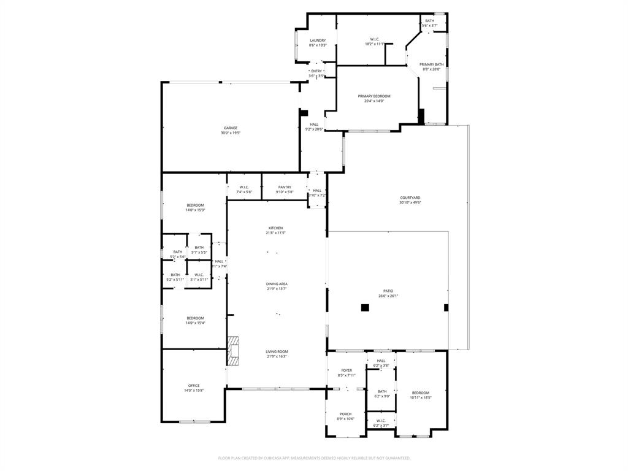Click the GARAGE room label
[231, 128]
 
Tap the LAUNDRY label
[318, 40]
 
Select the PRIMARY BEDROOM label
[374, 96]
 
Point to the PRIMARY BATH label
[431, 64]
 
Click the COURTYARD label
[410, 197]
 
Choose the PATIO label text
[388, 291]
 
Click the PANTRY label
[285, 187]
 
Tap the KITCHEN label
[276, 228]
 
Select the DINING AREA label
[277, 284]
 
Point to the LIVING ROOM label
[277, 351]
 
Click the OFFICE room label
[193, 386]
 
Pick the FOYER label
[347, 370]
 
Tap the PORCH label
[346, 414]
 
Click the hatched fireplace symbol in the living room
[232, 351]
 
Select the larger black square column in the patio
[365, 308]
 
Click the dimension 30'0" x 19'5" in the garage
[231, 132]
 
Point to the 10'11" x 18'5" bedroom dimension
[421, 397]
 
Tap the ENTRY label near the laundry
[316, 71]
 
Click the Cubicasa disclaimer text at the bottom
[314, 458]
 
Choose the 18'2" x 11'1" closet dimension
[375, 44]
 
